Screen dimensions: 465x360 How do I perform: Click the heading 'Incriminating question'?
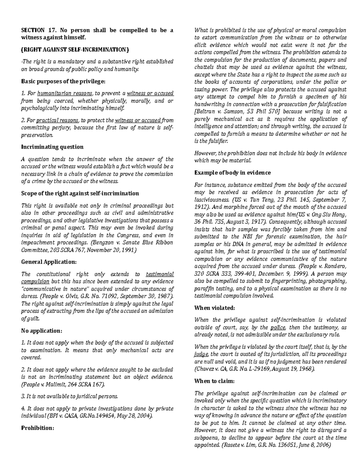pos(52,147)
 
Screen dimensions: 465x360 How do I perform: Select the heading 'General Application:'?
pos(49,262)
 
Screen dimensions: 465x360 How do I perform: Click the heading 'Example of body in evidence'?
pos(232,172)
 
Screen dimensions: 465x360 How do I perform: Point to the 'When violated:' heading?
pos(214,308)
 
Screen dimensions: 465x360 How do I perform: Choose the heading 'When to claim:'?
pos(214,381)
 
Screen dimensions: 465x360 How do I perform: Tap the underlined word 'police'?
pos(278,327)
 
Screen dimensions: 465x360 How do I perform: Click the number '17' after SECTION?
pos(50,30)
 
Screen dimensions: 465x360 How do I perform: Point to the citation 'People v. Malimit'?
pos(42,384)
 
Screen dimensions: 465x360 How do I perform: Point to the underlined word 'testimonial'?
pos(160,274)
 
